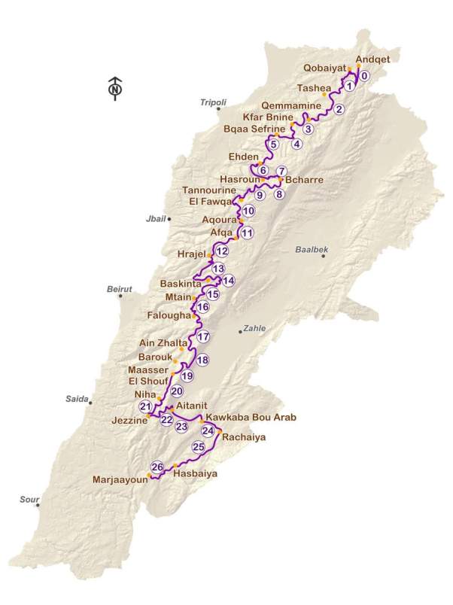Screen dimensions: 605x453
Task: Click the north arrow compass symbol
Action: click(114, 88)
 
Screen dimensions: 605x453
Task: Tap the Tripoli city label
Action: click(213, 102)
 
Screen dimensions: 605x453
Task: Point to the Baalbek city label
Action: click(312, 248)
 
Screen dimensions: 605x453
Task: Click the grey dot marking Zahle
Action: click(241, 332)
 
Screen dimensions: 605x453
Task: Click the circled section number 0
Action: click(364, 76)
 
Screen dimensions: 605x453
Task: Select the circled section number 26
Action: click(157, 467)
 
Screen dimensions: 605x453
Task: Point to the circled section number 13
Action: click(218, 268)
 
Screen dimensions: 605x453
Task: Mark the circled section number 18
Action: click(202, 360)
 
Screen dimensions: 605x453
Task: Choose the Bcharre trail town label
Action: click(301, 180)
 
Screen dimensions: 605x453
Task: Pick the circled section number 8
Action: click(279, 194)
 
